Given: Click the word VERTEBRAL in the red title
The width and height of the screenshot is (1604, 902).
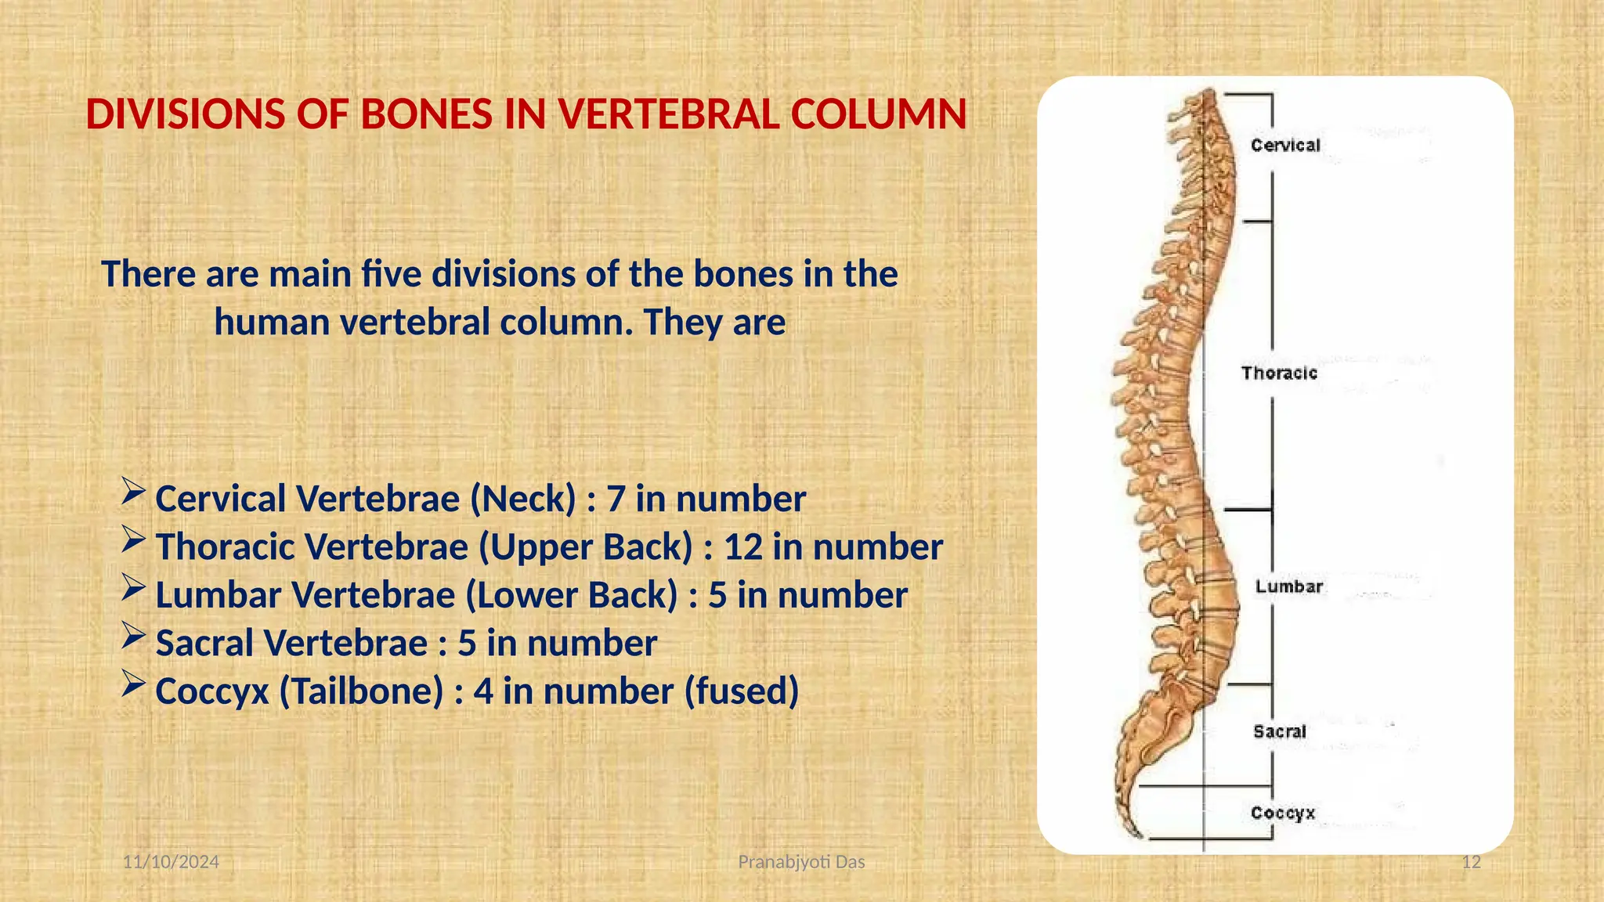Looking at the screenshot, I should click(666, 115).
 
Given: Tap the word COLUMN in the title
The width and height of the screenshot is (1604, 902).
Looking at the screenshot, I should click(879, 115).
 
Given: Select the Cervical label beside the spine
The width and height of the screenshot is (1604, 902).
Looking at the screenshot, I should click(1285, 146).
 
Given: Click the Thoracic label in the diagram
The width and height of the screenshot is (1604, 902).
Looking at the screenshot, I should click(1279, 373).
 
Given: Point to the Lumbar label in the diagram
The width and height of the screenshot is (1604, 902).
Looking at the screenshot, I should click(1289, 587).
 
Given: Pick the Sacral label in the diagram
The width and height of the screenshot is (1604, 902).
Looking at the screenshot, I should click(1280, 732).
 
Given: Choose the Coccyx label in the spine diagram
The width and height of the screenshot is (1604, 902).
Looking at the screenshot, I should click(1283, 814).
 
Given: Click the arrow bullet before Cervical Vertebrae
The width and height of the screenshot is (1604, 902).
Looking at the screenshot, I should click(133, 492).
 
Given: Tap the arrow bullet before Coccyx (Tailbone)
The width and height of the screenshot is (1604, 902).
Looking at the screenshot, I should click(133, 685).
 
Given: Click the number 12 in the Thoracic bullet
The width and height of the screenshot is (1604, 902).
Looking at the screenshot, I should click(742, 547).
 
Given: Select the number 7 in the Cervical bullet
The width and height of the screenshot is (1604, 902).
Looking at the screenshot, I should click(616, 500).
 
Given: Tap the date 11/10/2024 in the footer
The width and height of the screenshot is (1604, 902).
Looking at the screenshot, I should click(172, 862).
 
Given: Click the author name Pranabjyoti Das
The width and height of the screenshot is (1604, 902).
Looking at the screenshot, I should click(801, 862).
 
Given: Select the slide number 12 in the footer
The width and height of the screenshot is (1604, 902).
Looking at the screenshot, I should click(1472, 862).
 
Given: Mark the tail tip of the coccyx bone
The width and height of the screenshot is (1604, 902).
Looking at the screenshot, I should click(1133, 832).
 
